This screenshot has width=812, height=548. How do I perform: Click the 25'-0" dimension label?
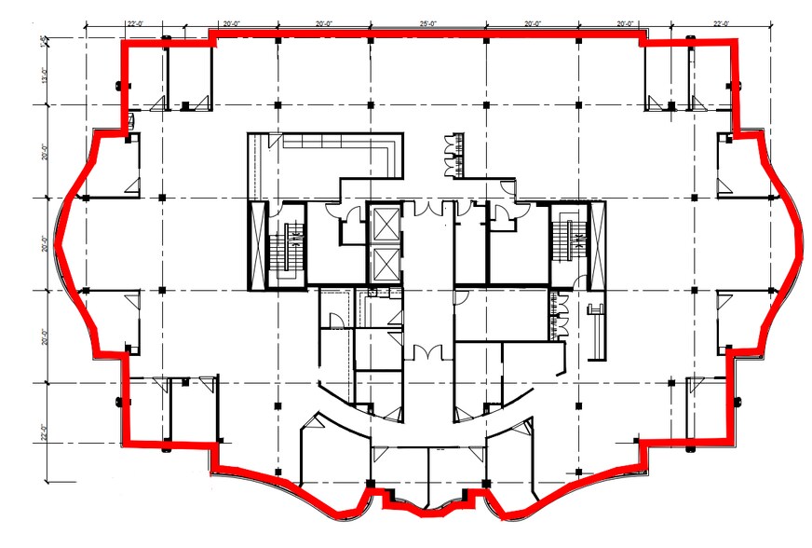(x=428, y=21)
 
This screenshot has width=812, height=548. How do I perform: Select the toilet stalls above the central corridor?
(x=456, y=154)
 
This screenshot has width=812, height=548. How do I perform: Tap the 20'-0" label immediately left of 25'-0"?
(x=324, y=21)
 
